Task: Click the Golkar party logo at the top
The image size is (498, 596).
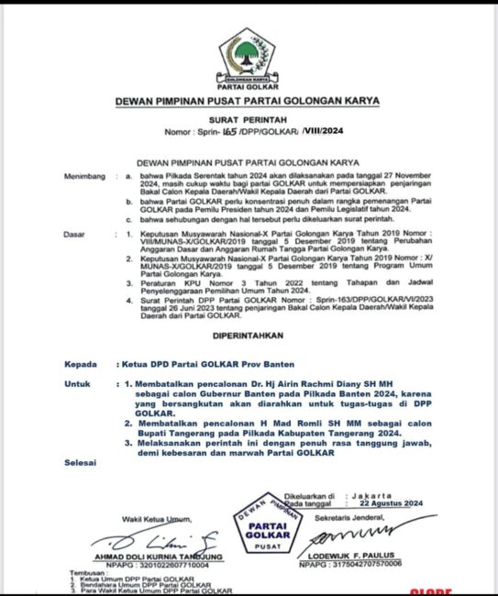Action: (x=248, y=57)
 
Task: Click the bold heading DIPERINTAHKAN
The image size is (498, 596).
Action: (x=249, y=336)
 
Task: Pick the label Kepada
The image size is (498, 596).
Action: (x=81, y=364)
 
